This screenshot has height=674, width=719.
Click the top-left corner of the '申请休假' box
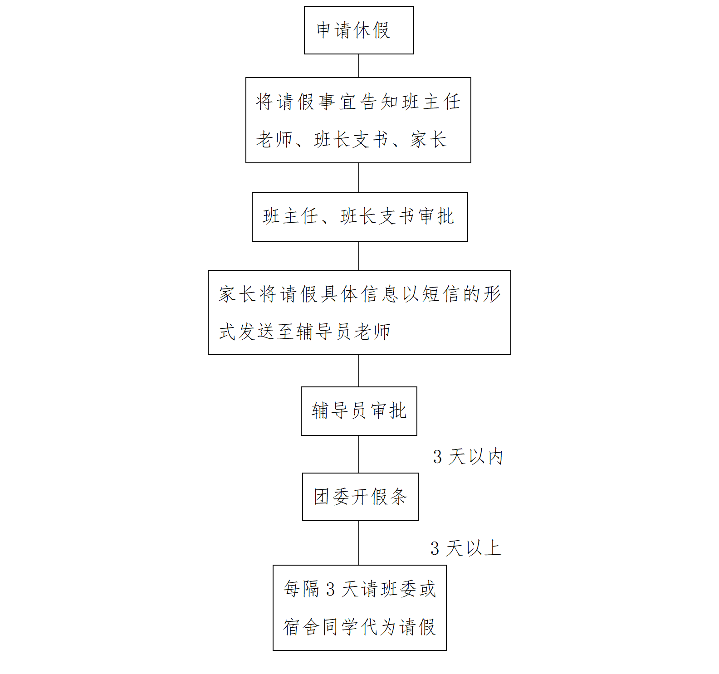304,6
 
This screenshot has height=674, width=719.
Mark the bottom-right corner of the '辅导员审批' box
417,435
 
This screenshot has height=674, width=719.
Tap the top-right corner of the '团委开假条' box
418,473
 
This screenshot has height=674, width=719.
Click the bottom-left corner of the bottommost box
273,650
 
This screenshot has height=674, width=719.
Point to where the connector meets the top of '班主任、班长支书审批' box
359,192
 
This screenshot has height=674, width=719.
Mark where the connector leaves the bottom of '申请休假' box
359,54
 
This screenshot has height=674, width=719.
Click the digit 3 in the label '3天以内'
437,457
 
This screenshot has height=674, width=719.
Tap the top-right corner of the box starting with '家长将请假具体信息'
511,270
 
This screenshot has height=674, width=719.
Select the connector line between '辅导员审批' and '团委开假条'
359,454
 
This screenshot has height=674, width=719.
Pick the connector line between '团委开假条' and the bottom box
359,543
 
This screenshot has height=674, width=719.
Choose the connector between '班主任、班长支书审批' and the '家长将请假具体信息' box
359,256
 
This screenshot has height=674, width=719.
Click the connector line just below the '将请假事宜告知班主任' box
359,177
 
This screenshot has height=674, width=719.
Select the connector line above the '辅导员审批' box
359,371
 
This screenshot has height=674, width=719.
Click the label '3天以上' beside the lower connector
466,548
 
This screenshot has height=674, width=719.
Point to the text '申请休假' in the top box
353,30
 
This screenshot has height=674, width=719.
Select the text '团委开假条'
361,497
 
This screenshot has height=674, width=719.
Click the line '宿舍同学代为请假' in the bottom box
359,627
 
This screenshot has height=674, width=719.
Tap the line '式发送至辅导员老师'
305,332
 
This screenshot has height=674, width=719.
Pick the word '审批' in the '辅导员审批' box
389,411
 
